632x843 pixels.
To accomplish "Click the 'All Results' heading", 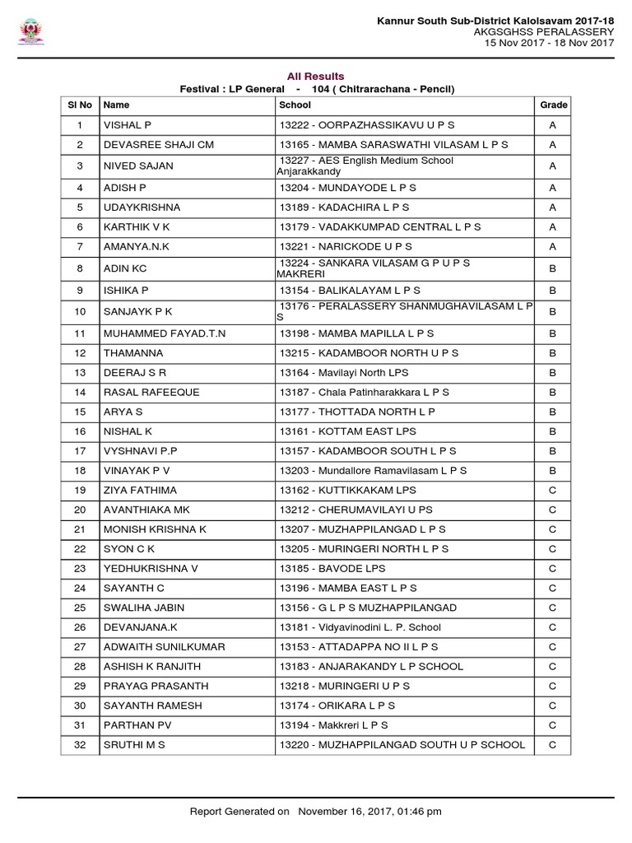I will pos(316,77).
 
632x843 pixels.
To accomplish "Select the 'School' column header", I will pos(295,105).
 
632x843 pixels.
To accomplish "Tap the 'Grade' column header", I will pos(554,105).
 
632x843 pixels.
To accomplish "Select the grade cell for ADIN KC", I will pos(553,268).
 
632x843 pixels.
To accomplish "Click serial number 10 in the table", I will pos(80,311).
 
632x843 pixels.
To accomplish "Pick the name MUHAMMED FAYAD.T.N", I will pos(163,333).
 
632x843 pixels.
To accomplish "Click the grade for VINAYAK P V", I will pos(553,470).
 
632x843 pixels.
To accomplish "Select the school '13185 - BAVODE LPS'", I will pos(332,568).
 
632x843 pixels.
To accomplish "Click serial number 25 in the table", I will pos(80,608).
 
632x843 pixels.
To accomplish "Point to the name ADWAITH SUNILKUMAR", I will pos(164,647).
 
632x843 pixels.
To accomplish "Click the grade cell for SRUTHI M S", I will pos(553,745).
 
